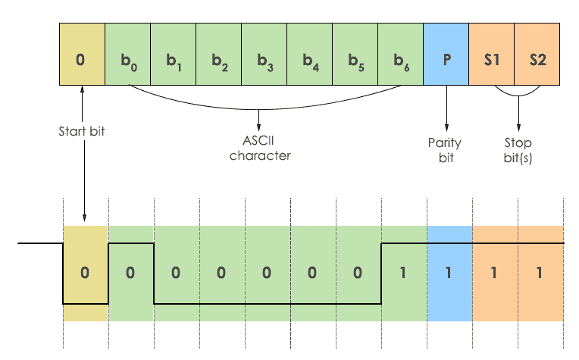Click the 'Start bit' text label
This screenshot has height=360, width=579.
coord(82,131)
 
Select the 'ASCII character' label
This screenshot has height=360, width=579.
coord(260,149)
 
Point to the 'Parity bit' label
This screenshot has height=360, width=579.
coord(445,150)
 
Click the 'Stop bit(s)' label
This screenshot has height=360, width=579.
coord(518,150)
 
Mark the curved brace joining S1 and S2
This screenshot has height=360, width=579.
coord(518,96)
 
